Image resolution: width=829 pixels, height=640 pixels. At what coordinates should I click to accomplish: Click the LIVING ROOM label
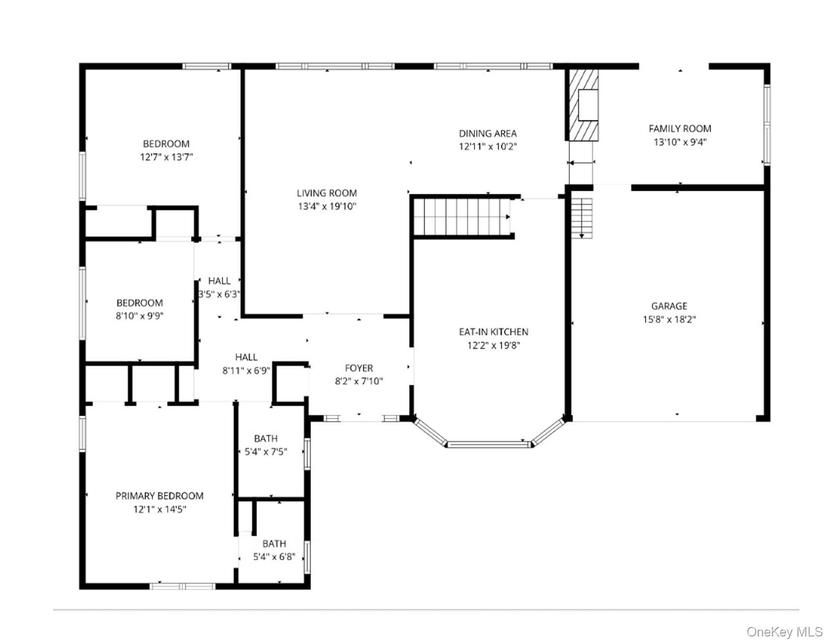327,193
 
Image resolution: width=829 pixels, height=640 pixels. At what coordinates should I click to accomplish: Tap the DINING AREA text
487,134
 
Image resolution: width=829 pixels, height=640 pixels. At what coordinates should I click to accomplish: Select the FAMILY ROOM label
680,129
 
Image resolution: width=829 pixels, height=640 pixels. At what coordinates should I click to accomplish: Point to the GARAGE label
669,306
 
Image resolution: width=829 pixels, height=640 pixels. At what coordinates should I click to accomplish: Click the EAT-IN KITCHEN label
494,332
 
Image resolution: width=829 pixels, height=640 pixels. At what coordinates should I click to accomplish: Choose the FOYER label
359,368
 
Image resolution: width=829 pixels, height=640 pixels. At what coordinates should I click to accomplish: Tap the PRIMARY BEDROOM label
159,496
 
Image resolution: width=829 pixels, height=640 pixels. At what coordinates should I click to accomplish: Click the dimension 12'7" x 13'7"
166,157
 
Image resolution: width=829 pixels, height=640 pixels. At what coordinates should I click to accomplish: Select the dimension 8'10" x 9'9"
140,316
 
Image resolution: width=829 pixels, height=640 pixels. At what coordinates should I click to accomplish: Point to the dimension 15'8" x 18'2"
669,319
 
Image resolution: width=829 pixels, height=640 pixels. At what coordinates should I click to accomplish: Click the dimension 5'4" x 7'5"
266,452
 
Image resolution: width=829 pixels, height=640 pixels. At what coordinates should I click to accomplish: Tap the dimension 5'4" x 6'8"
274,557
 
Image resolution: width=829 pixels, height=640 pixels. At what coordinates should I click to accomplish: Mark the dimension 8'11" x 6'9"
247,370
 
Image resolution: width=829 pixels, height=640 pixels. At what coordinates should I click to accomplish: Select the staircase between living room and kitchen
462,217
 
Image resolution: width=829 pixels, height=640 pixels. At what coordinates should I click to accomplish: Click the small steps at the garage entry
581,218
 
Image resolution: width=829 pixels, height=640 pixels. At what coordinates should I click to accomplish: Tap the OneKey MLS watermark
784,631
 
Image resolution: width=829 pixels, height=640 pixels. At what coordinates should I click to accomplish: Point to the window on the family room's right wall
767,124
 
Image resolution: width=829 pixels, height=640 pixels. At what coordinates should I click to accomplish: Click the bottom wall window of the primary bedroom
182,586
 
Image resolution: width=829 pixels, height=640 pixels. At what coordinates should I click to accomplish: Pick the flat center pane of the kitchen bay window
489,444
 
